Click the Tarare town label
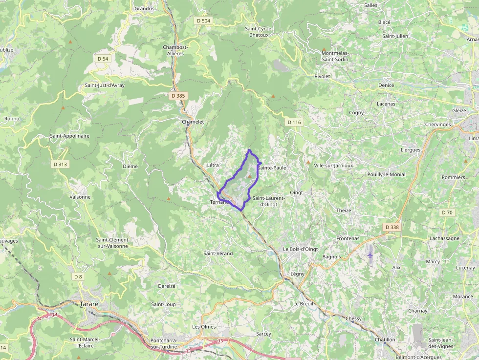point(88,304)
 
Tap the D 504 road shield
point(203,21)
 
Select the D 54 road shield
point(103,59)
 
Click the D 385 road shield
point(178,96)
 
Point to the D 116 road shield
point(294,122)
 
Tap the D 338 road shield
point(392,227)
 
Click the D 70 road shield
point(447,212)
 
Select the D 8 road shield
point(78,276)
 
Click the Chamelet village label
point(193,122)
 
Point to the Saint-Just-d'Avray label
point(105,85)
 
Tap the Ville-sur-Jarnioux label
point(333,165)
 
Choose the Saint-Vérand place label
point(218,253)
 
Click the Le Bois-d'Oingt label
point(301,249)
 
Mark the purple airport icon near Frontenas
point(370,254)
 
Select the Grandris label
point(144,8)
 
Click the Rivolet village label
point(323,76)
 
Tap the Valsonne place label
point(80,197)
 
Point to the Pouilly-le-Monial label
point(386,174)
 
